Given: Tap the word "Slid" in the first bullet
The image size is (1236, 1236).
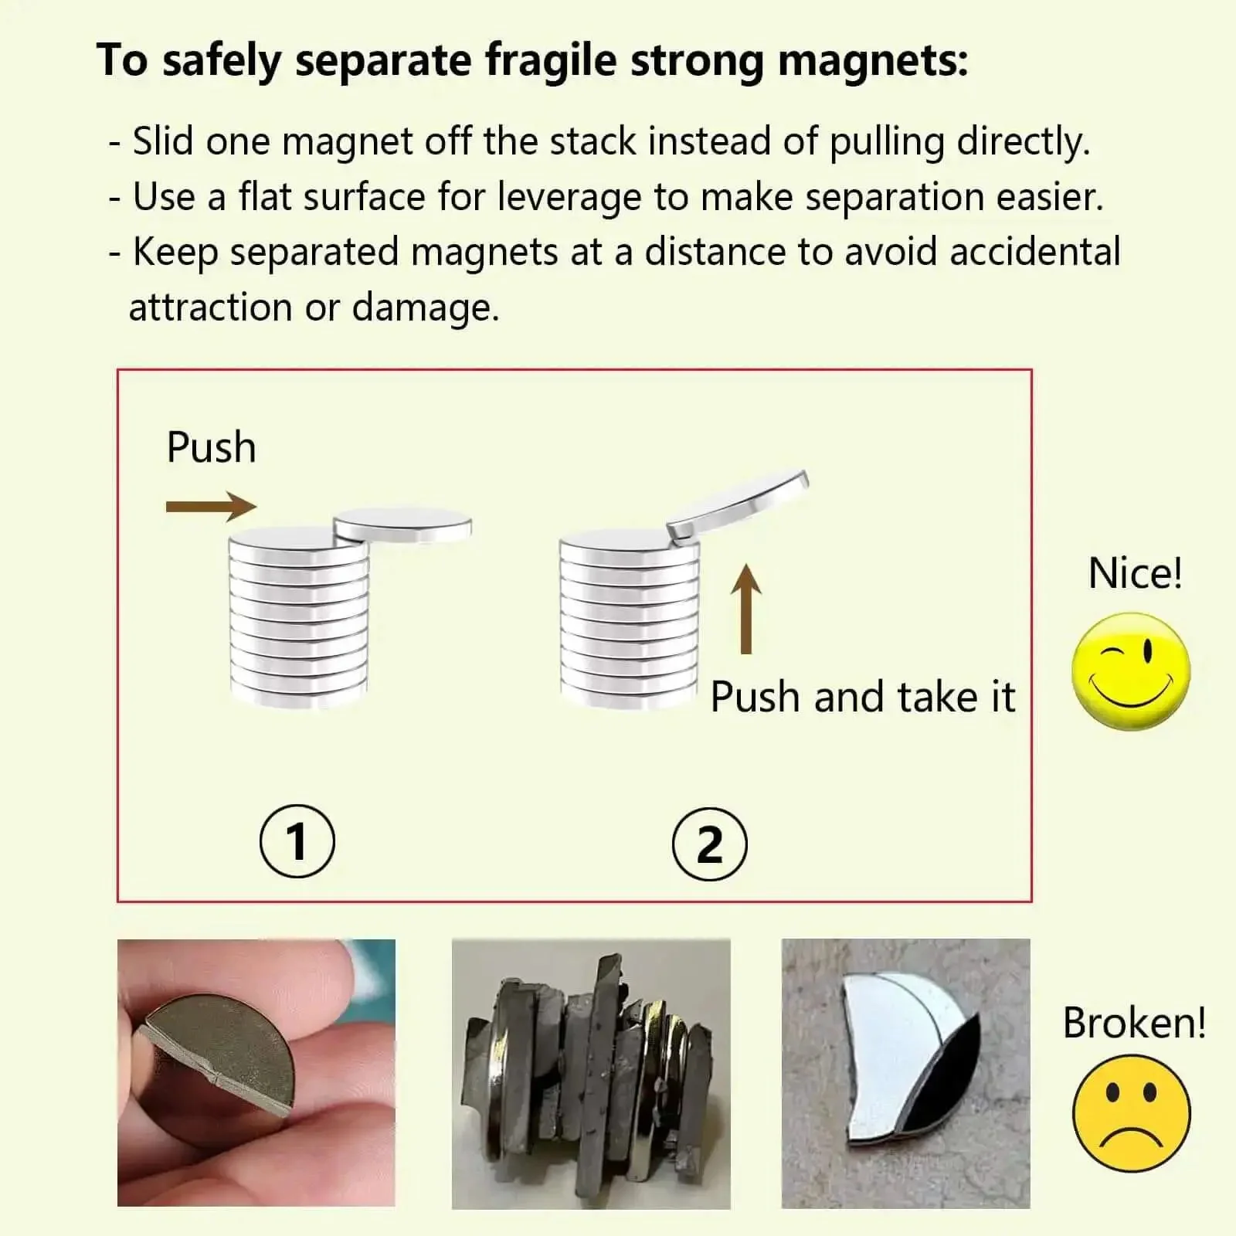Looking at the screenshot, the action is [162, 141].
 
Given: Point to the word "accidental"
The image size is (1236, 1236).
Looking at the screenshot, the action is [1035, 252].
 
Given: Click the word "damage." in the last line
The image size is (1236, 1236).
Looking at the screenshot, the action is [426, 308].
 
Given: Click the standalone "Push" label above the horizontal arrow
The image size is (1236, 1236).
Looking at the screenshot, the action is [211, 447].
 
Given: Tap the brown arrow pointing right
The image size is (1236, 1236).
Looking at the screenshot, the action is [211, 507].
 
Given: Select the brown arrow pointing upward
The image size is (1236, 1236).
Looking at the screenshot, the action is [746, 609].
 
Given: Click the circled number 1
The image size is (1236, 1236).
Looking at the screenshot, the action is [297, 840].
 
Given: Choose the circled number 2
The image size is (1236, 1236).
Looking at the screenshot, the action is [710, 845].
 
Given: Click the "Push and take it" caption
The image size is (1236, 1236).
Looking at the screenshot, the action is [862, 698].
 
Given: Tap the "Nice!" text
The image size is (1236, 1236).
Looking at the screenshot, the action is [1135, 573].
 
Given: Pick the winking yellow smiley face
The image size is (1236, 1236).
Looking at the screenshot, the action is [1132, 671].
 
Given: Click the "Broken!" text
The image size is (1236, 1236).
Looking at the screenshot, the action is [1134, 1023].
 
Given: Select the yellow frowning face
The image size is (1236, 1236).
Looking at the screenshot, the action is [1132, 1113].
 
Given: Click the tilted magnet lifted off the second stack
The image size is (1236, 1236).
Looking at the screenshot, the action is [738, 504].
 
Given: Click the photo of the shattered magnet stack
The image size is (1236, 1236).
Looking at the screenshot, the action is [591, 1074].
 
